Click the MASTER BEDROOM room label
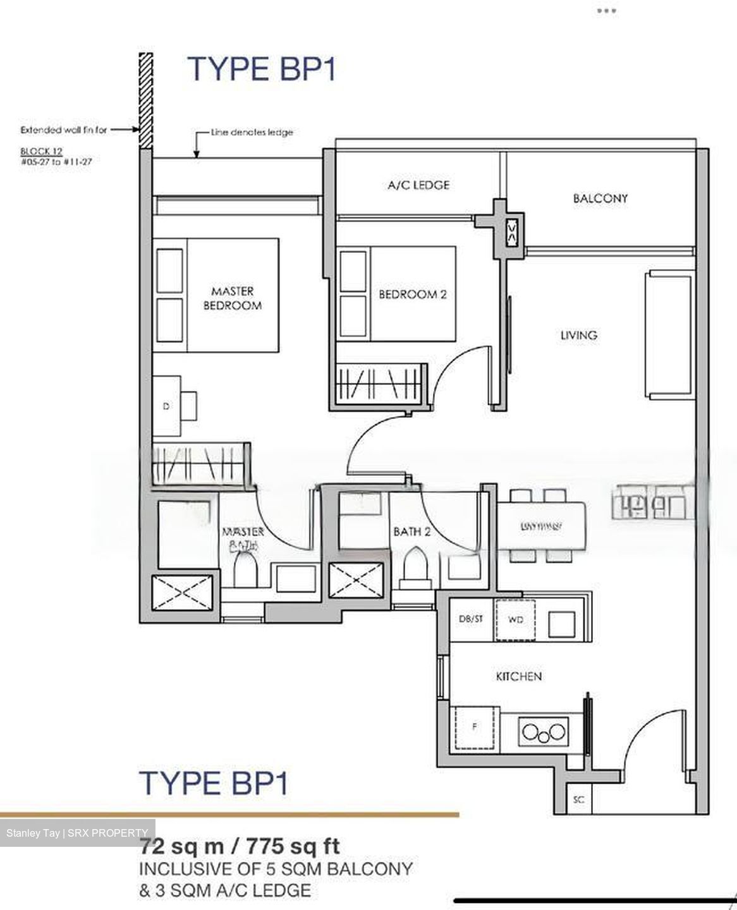232,298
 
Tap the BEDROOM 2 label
412,294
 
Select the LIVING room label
578,336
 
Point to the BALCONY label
600,198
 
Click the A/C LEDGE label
418,185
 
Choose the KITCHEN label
518,677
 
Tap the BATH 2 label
411,531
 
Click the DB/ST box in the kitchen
470,619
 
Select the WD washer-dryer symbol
516,620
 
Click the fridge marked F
475,727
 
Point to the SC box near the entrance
578,800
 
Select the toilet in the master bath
245,569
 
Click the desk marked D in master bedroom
167,406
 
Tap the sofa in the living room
667,334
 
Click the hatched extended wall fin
146,101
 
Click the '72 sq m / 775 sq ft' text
240,846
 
